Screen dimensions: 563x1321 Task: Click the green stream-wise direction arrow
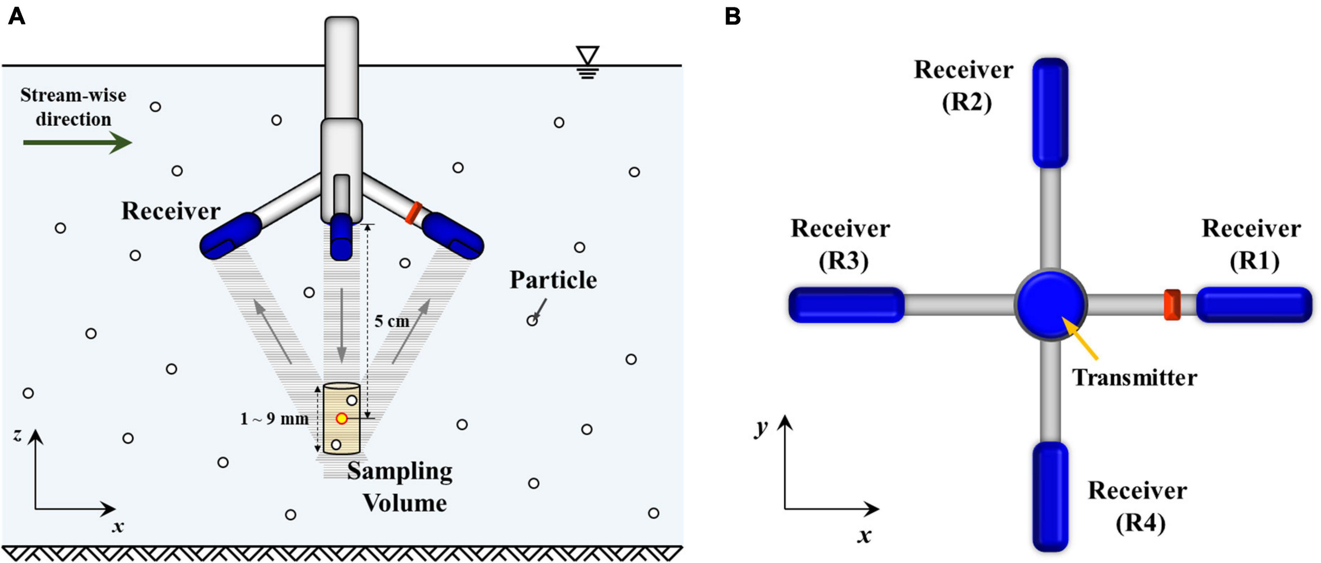77,142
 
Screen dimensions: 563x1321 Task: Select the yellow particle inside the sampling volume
341,419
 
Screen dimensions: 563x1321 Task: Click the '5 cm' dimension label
392,321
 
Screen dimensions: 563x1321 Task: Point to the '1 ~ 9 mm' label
274,419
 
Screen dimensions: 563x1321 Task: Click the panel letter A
16,16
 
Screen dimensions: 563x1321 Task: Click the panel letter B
732,16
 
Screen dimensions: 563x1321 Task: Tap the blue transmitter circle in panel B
1050,305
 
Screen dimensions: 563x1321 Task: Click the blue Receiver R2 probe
1050,113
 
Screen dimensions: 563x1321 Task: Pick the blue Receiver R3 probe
846,305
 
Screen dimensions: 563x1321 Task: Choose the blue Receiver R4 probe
1050,496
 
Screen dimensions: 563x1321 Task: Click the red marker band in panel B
1172,305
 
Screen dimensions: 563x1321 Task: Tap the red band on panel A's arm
413,213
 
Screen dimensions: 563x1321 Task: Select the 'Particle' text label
553,280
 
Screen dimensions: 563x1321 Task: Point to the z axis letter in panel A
17,435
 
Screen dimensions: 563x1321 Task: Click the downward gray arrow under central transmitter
342,325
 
